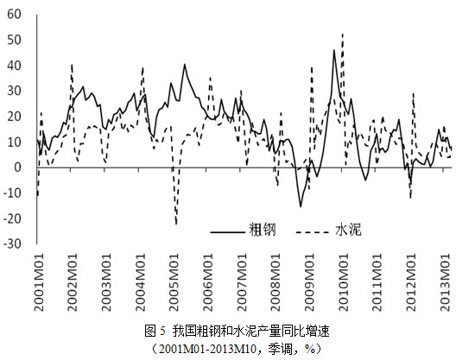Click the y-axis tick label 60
(x=15, y=14)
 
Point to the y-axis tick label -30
(x=12, y=243)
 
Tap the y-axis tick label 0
(x=18, y=167)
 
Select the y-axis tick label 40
(x=15, y=65)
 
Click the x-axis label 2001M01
(x=39, y=282)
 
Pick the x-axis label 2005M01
(x=174, y=282)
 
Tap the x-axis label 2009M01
(x=310, y=282)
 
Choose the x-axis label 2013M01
(x=446, y=282)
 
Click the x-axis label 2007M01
(x=242, y=282)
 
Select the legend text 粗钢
(x=262, y=230)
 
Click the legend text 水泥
(x=348, y=230)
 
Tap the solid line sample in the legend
(x=227, y=232)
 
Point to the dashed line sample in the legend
(x=313, y=232)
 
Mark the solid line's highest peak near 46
(x=334, y=50)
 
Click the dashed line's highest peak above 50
(x=343, y=34)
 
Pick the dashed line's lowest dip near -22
(x=176, y=224)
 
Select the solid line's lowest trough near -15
(x=301, y=206)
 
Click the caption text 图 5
(x=155, y=331)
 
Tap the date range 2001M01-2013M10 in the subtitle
(x=207, y=349)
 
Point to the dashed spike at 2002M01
(x=72, y=65)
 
